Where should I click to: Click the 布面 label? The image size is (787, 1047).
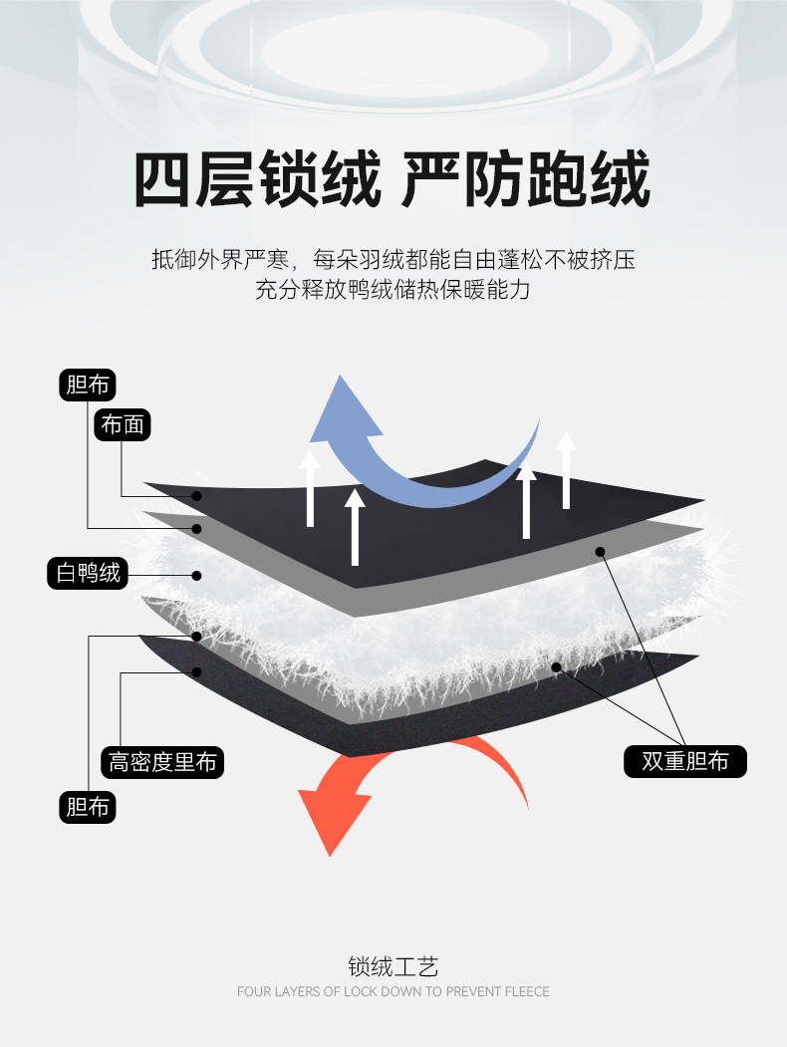coord(123,425)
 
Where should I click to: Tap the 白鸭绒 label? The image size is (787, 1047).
coord(89,573)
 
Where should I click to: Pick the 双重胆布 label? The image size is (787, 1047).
coord(684,762)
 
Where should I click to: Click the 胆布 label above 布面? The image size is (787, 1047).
coord(88,385)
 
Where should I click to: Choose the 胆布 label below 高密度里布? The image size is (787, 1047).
coord(88,807)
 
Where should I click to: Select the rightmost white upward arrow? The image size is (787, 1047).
coord(566,468)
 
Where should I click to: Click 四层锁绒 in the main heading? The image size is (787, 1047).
coord(257,180)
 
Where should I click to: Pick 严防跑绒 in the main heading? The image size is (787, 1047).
coord(526,180)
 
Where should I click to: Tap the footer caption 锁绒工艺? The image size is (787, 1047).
coord(393,966)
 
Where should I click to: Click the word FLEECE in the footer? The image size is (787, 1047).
coord(525,992)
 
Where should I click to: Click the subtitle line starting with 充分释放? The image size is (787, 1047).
coord(393,292)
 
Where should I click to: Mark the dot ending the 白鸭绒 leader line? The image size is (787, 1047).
coord(197,575)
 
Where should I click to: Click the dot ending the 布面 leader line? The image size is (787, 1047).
coord(197,496)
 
